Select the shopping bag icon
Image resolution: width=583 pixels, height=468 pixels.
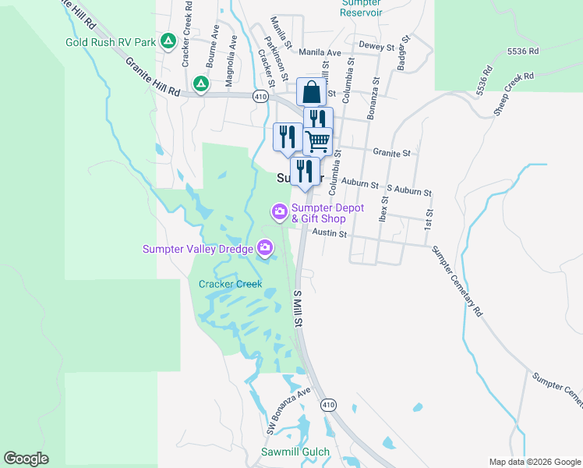(x=311, y=92)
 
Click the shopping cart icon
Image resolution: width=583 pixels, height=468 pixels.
(x=318, y=141)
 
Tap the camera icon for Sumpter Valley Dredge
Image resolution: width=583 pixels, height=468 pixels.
(x=265, y=249)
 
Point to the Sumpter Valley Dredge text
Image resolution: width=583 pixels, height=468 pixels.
(x=197, y=250)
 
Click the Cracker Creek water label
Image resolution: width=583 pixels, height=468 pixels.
(x=230, y=284)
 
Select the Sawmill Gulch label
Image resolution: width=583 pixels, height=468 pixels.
(x=295, y=452)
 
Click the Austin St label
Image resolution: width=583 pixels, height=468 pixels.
(x=328, y=232)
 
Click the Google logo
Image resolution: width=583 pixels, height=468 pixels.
(x=26, y=459)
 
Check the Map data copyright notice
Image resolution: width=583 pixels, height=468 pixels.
(x=534, y=462)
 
